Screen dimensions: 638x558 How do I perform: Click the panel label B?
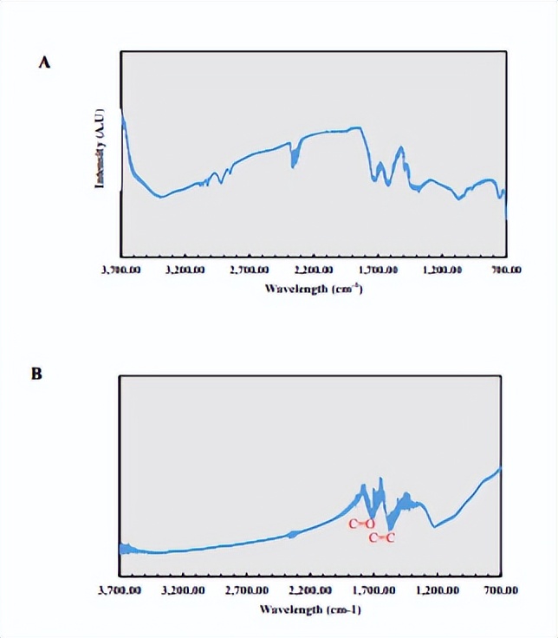coord(36,374)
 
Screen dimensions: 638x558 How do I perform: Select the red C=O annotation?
coord(361,524)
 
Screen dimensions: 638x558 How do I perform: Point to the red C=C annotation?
coord(382,537)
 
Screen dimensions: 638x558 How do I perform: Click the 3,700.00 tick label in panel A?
coord(120,270)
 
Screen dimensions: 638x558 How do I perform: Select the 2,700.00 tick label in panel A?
coord(250,270)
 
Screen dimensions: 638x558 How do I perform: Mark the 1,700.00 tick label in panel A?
coord(378,270)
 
